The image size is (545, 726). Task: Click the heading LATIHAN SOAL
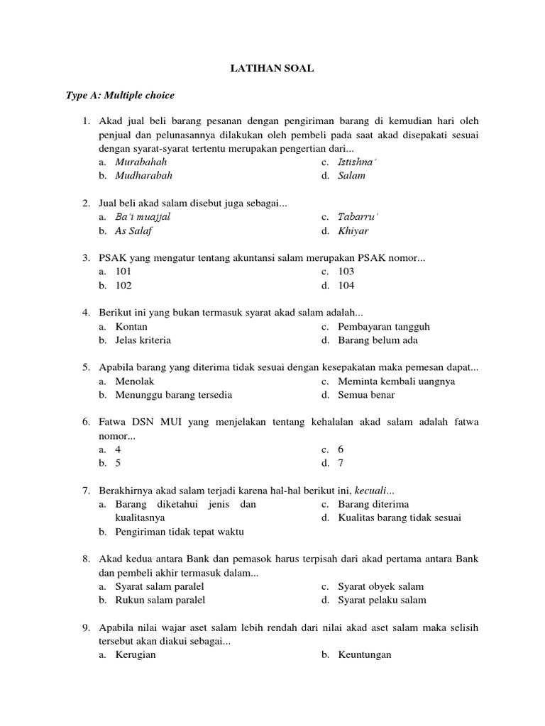click(x=272, y=68)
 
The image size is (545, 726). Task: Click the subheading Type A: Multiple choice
click(x=120, y=95)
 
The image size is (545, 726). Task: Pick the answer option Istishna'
click(x=358, y=162)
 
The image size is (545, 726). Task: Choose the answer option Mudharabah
click(x=143, y=175)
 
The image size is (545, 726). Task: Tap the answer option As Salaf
click(x=133, y=230)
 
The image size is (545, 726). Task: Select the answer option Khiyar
click(x=353, y=230)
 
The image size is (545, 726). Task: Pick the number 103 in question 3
click(x=346, y=272)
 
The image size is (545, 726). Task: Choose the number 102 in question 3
click(x=123, y=286)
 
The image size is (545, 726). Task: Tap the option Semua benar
click(x=366, y=395)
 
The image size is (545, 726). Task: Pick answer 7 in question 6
click(x=341, y=463)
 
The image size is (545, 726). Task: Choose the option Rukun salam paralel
click(x=160, y=600)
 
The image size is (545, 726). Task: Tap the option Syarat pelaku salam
click(x=382, y=600)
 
